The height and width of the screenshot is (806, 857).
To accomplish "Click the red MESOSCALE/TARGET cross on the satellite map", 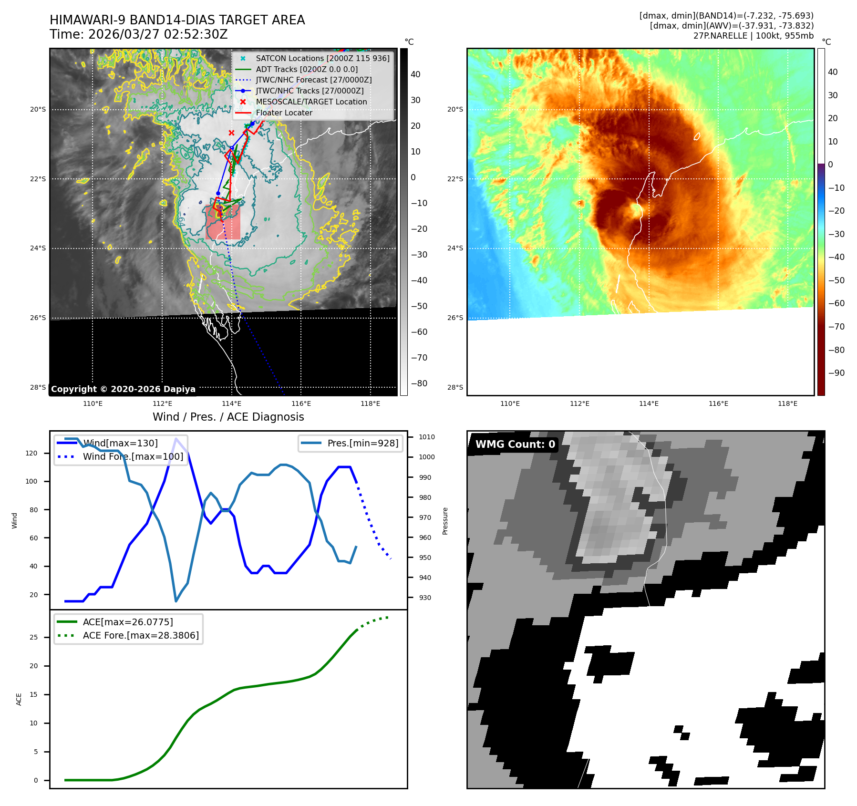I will [x=231, y=133].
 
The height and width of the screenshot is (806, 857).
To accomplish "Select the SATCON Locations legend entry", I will [x=322, y=58].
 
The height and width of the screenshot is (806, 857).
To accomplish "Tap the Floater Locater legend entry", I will [x=284, y=113].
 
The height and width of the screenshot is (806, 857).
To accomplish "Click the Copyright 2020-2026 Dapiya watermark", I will [x=123, y=389].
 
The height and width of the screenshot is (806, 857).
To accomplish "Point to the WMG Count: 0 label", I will [x=515, y=444].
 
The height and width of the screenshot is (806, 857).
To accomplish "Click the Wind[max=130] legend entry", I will [x=120, y=443].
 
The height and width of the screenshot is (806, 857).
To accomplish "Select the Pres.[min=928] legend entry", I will [x=362, y=443].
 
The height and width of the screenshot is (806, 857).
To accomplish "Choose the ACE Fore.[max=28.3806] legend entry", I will [x=141, y=635].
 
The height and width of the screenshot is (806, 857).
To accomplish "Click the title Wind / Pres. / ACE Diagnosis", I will [x=228, y=417].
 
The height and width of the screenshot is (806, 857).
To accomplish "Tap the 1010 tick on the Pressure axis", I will [x=427, y=437].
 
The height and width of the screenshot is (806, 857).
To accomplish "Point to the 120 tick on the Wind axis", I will [x=31, y=453].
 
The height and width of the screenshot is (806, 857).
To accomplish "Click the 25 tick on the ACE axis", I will [x=33, y=637].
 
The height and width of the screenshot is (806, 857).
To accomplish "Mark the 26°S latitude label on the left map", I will [x=38, y=318].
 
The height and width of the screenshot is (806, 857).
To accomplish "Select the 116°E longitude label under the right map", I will [x=718, y=403].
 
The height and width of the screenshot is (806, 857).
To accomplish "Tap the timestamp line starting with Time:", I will [x=138, y=34].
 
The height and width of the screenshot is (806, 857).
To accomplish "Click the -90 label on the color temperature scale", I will [x=836, y=373].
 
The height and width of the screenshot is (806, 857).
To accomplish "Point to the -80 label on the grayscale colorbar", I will [x=419, y=383].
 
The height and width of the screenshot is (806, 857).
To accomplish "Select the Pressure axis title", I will [x=445, y=521].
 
